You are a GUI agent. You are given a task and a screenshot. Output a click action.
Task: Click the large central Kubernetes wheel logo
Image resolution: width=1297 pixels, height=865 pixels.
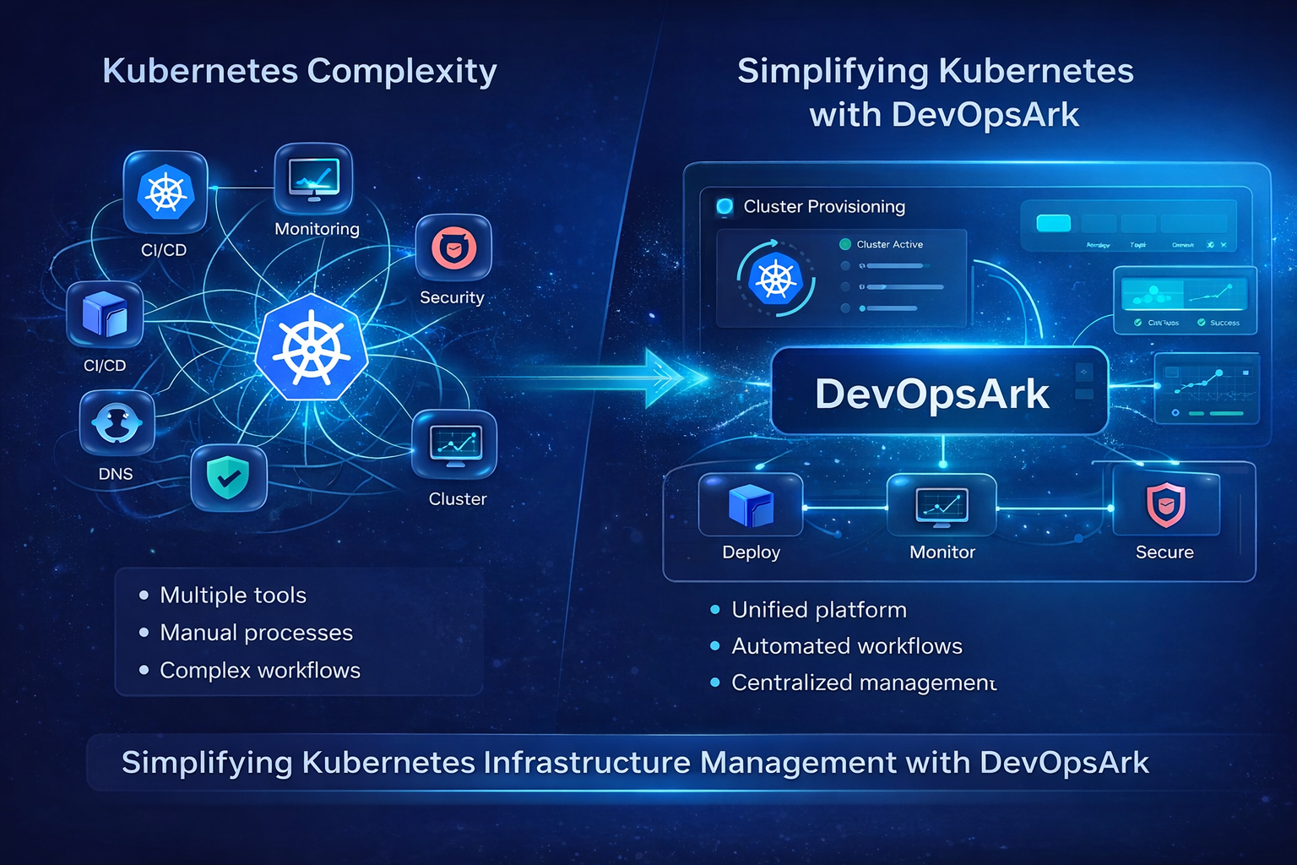(x=312, y=348)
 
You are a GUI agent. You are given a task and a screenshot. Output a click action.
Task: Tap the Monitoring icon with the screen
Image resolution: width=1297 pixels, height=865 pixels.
(x=313, y=179)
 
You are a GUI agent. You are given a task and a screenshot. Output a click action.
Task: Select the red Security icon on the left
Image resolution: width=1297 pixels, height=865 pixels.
(x=453, y=248)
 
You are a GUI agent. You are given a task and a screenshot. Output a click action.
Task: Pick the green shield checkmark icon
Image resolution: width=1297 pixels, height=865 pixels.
(x=228, y=478)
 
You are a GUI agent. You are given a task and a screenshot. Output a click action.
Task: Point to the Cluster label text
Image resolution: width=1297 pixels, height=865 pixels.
(x=458, y=499)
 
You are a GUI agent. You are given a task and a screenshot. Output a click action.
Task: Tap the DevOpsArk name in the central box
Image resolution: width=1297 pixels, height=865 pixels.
(x=932, y=394)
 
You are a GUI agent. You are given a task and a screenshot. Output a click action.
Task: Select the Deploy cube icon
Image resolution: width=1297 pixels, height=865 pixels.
(x=751, y=505)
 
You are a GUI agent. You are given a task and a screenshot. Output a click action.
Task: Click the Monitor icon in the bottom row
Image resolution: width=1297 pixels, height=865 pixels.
(x=942, y=505)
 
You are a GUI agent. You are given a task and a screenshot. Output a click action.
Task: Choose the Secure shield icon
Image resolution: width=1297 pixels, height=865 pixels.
(x=1165, y=504)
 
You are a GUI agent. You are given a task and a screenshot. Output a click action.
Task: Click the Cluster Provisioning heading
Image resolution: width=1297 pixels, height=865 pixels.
(x=824, y=207)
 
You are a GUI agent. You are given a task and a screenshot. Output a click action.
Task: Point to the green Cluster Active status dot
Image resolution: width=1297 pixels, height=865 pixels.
(x=844, y=245)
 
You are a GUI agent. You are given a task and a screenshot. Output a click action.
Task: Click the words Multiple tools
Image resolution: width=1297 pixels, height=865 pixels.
(x=233, y=596)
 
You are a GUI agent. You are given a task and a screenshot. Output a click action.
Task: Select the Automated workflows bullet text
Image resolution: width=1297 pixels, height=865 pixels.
(x=847, y=646)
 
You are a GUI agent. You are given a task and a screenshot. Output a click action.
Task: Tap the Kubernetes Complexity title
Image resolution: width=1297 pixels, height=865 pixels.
(x=300, y=71)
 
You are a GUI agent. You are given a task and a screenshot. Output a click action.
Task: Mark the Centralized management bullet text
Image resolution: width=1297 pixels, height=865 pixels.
(x=863, y=683)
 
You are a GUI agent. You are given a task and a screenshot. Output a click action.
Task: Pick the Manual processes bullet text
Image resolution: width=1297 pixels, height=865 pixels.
(x=257, y=633)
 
